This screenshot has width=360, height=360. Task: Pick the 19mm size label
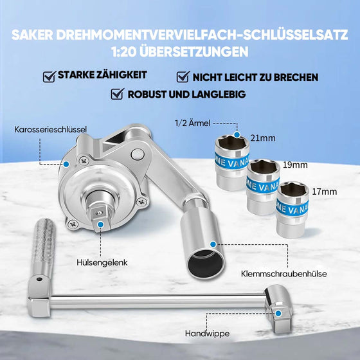[x=296, y=165]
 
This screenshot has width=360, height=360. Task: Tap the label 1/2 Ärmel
[x=192, y=122]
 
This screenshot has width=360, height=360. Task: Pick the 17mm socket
[x=293, y=209]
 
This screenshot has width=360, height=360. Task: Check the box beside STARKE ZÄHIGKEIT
[x=48, y=77]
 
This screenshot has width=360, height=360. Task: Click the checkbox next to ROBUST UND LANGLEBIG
[x=117, y=94]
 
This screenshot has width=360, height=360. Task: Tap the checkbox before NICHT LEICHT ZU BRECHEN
[x=182, y=77]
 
